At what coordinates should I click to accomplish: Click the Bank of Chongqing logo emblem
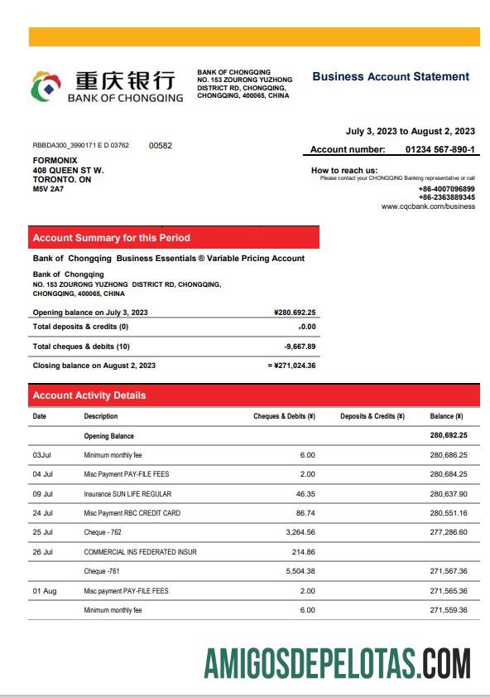tap(46, 86)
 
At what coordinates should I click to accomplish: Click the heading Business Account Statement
tap(391, 76)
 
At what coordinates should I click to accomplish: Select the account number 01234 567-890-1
tap(440, 149)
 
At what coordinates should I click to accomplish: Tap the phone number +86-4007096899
tap(446, 189)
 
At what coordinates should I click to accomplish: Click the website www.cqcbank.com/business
tap(428, 206)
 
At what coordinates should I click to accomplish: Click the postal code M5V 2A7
tap(48, 189)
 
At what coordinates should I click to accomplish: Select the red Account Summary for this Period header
tap(173, 238)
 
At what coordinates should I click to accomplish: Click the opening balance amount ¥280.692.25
tap(294, 313)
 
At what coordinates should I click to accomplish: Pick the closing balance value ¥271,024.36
tap(293, 365)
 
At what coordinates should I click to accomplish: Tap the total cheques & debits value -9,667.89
tap(299, 347)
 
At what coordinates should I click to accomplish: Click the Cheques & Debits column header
tap(284, 416)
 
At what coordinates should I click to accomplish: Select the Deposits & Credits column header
tap(372, 416)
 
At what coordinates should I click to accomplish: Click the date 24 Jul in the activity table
tap(44, 513)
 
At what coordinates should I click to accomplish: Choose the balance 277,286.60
tap(449, 532)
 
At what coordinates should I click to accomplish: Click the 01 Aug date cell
tap(45, 591)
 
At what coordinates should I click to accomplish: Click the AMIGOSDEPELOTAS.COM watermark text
tap(338, 665)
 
